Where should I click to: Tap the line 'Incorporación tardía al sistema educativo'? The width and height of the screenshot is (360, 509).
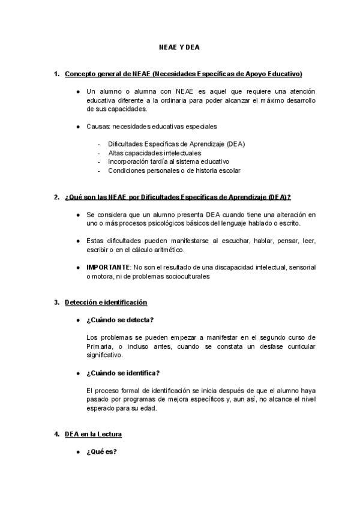[168, 161]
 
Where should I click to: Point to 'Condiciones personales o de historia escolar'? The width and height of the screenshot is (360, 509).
[174, 170]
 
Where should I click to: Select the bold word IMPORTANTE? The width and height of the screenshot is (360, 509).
[108, 267]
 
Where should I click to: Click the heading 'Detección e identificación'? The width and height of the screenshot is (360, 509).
[106, 302]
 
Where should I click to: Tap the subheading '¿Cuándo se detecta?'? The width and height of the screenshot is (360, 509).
[120, 320]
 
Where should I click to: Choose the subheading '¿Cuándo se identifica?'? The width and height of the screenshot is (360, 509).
[123, 373]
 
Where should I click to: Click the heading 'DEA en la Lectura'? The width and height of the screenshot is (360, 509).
[94, 434]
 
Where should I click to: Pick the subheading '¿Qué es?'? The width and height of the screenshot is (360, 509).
[101, 451]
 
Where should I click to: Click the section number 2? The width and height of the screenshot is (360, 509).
[56, 197]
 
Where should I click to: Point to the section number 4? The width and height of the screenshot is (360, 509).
[56, 434]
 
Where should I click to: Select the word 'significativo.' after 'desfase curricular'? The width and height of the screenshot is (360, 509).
[106, 355]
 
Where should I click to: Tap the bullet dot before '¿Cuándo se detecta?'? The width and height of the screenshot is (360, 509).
[78, 320]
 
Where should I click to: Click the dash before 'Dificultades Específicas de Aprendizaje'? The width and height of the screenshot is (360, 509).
[98, 144]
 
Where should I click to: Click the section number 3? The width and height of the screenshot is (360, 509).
[56, 302]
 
